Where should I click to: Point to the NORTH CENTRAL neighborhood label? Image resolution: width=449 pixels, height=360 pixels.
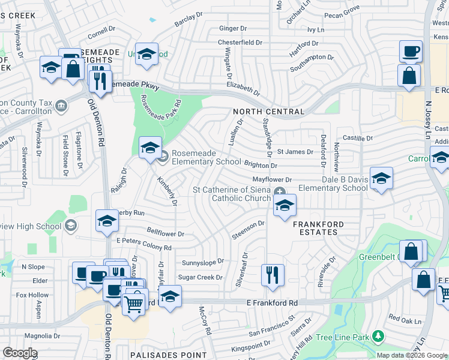268,112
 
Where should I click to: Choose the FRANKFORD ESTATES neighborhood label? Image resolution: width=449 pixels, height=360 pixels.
318,229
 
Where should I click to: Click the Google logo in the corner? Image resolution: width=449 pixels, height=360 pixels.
20,353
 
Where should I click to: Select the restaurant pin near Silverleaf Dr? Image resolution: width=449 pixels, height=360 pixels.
273,275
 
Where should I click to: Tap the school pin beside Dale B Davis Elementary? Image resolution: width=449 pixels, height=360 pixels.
381,178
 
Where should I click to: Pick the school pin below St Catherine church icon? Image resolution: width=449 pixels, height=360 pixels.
285,206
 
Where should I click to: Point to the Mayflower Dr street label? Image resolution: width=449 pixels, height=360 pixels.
271,179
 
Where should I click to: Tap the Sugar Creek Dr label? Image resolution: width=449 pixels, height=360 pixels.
200,277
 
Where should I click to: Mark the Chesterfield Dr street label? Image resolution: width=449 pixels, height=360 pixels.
240,43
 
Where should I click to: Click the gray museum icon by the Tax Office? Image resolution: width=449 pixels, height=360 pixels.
61,107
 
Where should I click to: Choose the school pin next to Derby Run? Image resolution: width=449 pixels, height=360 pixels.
107,221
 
